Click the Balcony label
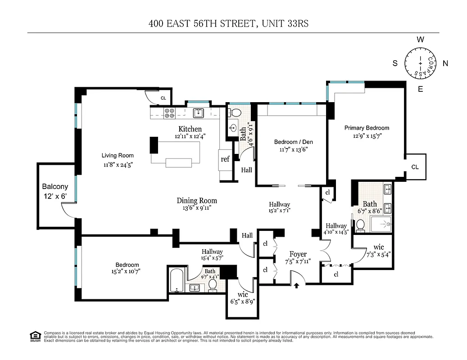(x=55, y=186)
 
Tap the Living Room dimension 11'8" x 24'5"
(x=117, y=165)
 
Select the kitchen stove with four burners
(x=170, y=113)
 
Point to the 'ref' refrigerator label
(x=225, y=159)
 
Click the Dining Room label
(x=197, y=201)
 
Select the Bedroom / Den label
(x=293, y=142)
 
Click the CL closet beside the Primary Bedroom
(x=415, y=167)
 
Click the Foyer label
(x=298, y=254)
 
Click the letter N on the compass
(x=445, y=64)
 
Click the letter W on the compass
(x=420, y=40)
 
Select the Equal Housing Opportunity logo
(x=34, y=335)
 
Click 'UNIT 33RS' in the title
(x=283, y=23)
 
